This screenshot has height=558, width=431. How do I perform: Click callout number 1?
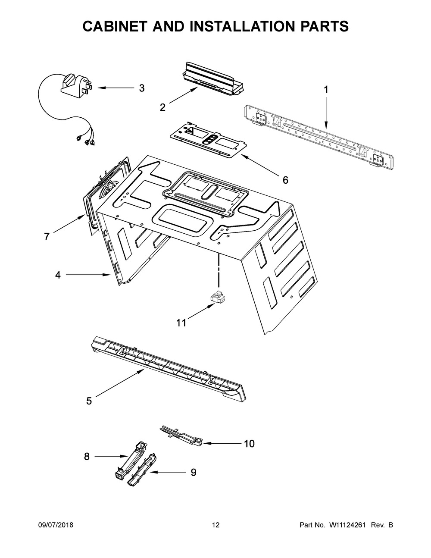(x=326, y=90)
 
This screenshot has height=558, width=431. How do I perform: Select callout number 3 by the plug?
(x=141, y=88)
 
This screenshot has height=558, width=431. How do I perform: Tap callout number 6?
(x=285, y=180)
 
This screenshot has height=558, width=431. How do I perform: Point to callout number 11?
(x=181, y=323)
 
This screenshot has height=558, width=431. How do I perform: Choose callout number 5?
(x=89, y=401)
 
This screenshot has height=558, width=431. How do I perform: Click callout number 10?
(x=249, y=443)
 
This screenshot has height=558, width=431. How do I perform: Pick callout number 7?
(x=47, y=236)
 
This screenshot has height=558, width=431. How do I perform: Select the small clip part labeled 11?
(x=218, y=298)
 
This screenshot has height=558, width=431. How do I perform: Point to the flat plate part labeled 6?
(x=207, y=140)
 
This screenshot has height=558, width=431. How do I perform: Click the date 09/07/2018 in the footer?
(x=56, y=525)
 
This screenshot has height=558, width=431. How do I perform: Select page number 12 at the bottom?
(x=215, y=525)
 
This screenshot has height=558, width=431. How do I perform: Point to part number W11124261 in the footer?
(x=347, y=525)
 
